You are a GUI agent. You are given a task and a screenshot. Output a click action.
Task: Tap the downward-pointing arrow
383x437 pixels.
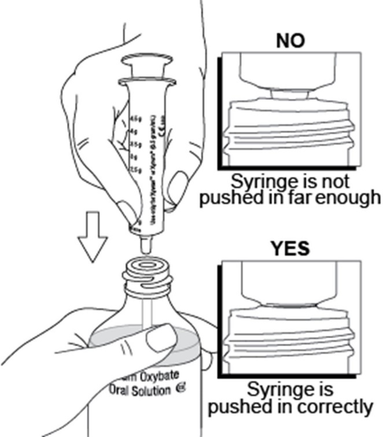(x=93, y=238)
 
